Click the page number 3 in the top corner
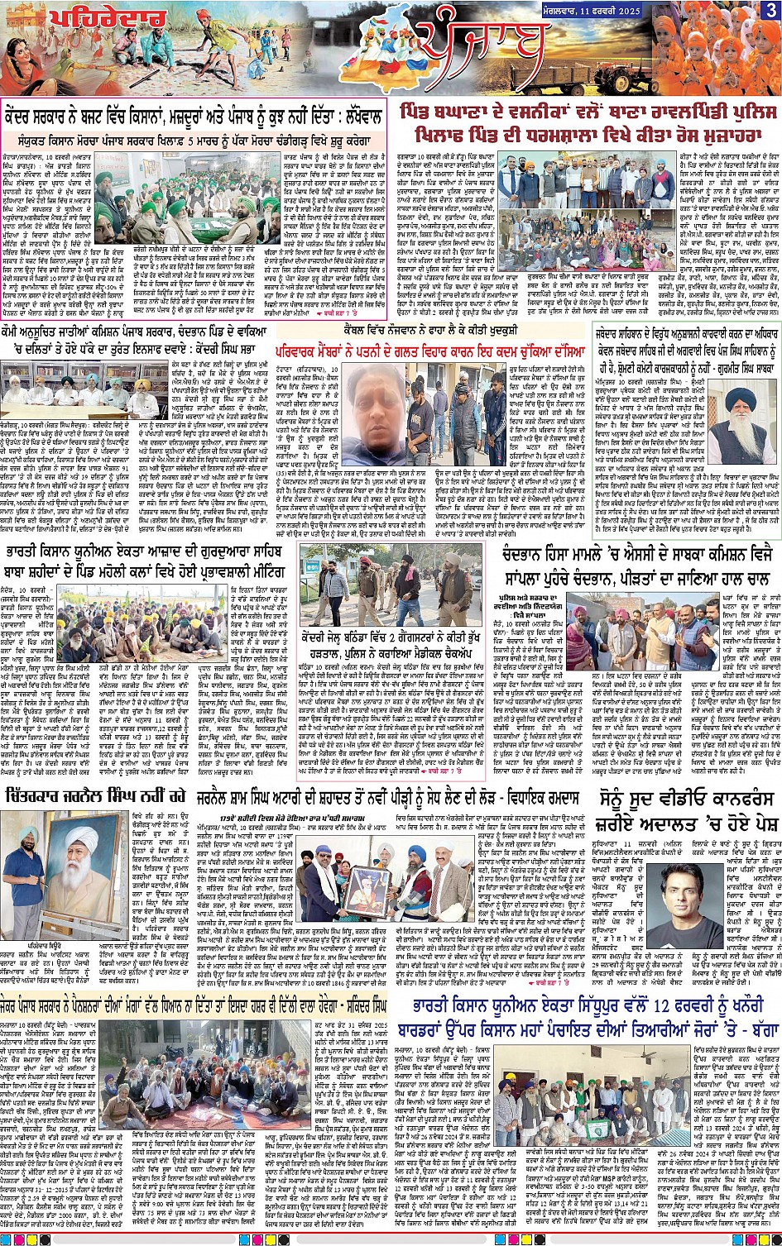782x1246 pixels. click(770, 11)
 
